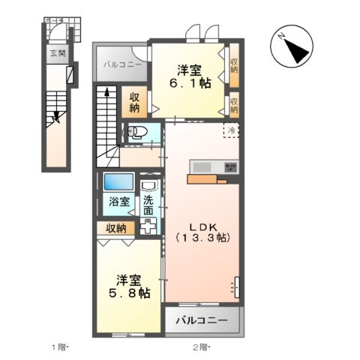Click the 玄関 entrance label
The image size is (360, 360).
(x=58, y=53)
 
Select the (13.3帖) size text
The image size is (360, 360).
(x=202, y=238)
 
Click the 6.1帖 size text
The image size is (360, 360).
(x=190, y=83)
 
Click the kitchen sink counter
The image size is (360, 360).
(x=214, y=166)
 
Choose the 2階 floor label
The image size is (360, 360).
(x=200, y=346)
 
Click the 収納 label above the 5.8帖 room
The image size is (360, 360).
(x=115, y=228)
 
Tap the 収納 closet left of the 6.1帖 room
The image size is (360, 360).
(x=134, y=103)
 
